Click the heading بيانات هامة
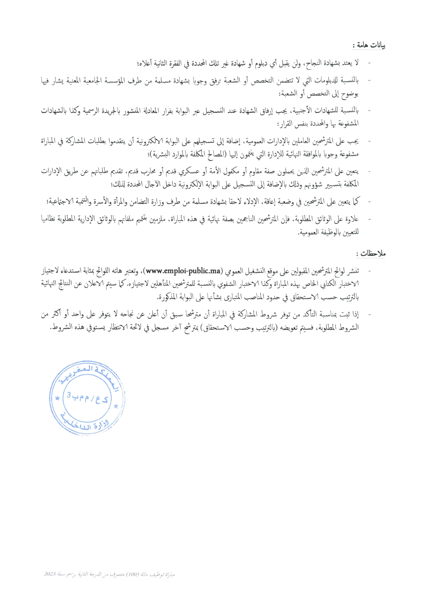pos(370,45)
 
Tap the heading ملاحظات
pos(371,254)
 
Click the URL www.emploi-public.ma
pos(184,271)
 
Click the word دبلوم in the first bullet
pos(262,64)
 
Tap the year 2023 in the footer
pos(50,574)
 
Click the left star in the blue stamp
pos(58,398)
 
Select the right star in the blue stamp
pos(116,406)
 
